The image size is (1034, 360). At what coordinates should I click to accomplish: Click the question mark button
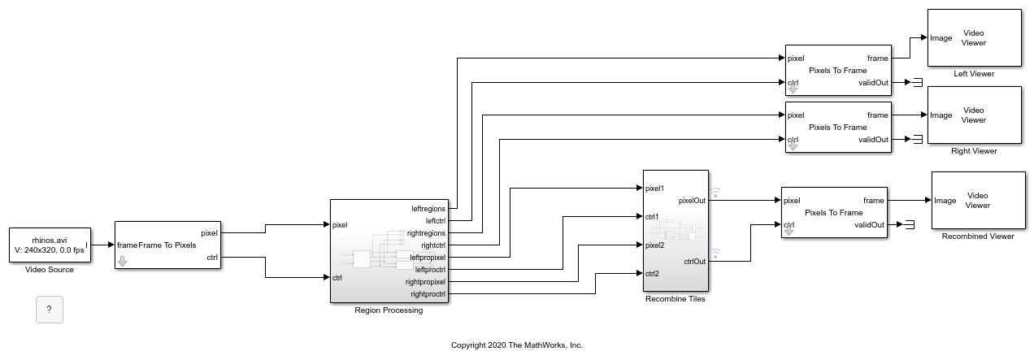(x=50, y=310)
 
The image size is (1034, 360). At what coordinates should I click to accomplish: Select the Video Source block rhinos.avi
(x=50, y=245)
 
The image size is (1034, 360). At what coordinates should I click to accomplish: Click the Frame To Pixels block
(x=167, y=245)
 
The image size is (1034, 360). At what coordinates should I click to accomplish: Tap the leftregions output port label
(x=428, y=209)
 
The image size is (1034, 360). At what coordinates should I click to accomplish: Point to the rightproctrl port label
(x=428, y=294)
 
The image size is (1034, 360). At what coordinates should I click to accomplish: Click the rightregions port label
(x=426, y=233)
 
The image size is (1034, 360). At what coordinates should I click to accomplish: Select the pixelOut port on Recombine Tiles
(x=692, y=200)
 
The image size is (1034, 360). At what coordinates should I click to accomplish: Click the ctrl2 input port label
(x=652, y=274)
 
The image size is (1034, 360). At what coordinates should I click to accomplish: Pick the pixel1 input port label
(x=654, y=189)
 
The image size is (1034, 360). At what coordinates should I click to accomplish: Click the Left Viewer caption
(x=974, y=74)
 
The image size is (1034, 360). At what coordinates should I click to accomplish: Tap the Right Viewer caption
(x=974, y=151)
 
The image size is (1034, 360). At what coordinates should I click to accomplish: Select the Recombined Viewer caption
(x=978, y=236)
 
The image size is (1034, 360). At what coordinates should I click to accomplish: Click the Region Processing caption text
(x=389, y=310)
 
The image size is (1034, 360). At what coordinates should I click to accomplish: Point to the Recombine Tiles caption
(x=676, y=299)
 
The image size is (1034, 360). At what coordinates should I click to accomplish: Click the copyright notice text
(x=516, y=345)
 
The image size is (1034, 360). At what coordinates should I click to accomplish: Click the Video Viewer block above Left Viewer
(x=975, y=38)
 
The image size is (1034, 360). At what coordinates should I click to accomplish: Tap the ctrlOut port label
(x=695, y=261)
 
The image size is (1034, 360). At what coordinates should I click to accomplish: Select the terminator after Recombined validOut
(x=910, y=225)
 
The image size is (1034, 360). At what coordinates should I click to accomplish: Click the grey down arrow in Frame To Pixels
(x=122, y=262)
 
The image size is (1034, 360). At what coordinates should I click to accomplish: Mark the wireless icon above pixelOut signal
(x=715, y=193)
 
